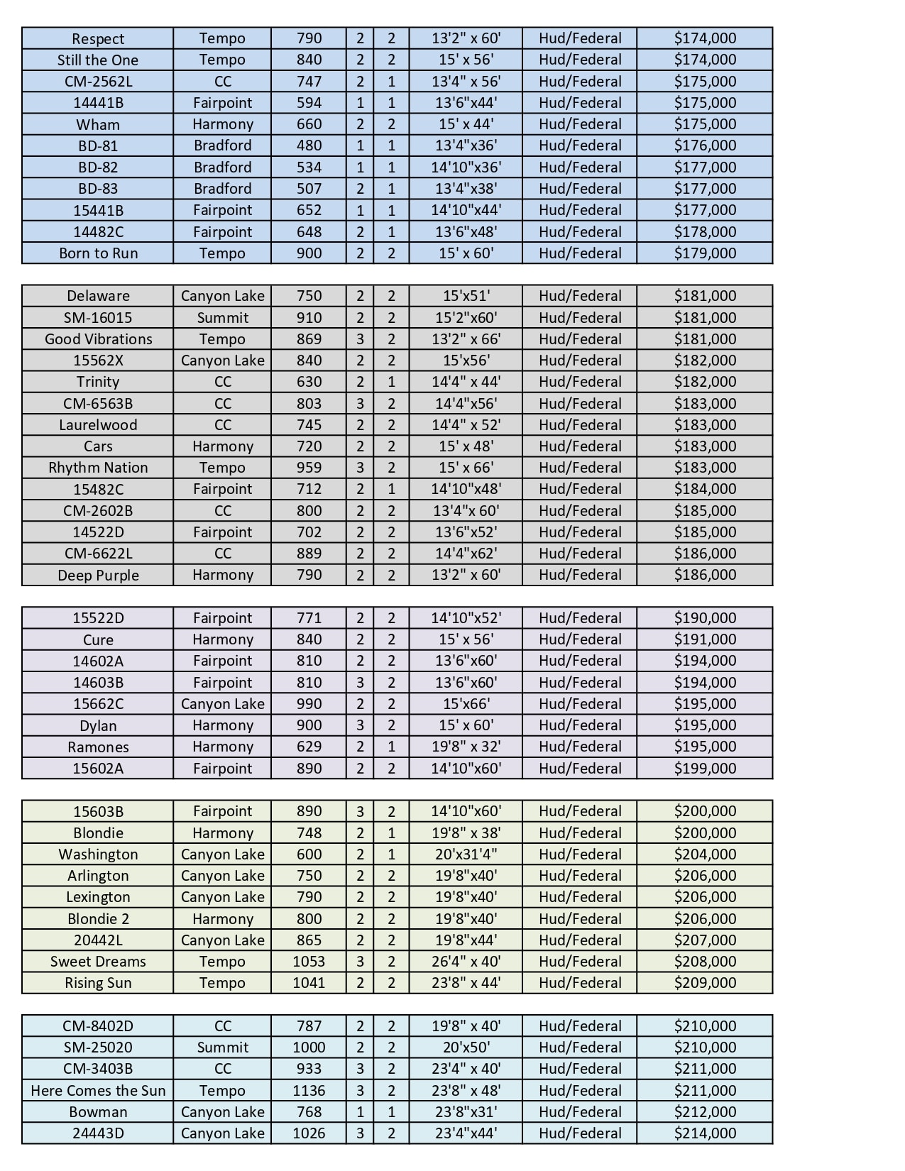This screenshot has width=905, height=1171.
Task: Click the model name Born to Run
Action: [x=98, y=253]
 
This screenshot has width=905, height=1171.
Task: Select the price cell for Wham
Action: [x=704, y=124]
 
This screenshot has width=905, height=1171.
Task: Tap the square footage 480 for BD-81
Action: [x=309, y=145]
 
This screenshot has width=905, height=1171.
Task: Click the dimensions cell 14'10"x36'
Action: [x=466, y=167]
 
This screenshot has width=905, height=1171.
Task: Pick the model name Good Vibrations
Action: [x=98, y=339]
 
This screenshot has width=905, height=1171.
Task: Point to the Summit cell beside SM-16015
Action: [x=222, y=318]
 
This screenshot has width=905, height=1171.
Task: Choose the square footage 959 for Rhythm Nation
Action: [x=309, y=468]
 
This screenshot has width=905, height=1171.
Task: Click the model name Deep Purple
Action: [x=98, y=576]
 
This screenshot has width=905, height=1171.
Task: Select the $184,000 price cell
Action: [x=704, y=489]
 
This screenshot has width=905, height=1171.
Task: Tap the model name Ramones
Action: [x=98, y=747]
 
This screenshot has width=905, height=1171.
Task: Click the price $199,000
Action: [x=704, y=769]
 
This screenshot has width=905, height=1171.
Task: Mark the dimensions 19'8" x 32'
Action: [x=466, y=747]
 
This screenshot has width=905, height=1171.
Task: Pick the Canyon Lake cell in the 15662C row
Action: [x=222, y=704]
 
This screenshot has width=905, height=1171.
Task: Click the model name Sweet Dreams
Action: [x=98, y=962]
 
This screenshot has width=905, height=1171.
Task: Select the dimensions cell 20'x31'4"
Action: [x=466, y=854]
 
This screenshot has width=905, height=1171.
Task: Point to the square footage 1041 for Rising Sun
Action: [x=309, y=983]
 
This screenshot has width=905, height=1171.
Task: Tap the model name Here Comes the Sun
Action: [x=98, y=1091]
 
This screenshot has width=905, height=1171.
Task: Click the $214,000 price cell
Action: [x=704, y=1133]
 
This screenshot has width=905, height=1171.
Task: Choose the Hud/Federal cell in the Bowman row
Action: [x=579, y=1112]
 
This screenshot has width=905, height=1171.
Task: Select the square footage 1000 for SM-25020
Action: [x=309, y=1048]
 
